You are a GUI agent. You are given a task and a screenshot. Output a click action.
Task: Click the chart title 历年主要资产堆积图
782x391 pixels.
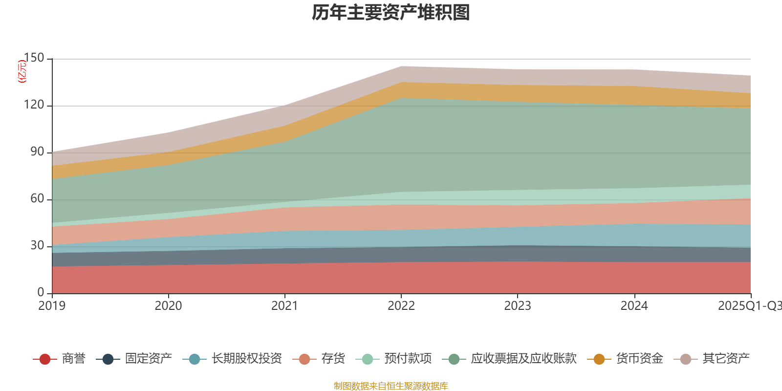click(x=391, y=13)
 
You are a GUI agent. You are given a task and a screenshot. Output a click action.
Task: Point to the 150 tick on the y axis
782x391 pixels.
click(x=34, y=58)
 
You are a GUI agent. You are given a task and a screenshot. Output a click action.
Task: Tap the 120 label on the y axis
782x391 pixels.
click(x=34, y=105)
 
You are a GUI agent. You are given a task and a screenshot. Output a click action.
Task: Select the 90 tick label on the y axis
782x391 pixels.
click(x=37, y=152)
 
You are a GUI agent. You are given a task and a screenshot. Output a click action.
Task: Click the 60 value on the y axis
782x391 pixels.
click(x=37, y=199)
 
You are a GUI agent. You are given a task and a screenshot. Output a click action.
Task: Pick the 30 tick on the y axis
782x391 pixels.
click(x=37, y=246)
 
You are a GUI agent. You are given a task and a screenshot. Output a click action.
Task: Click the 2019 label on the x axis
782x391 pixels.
click(x=52, y=306)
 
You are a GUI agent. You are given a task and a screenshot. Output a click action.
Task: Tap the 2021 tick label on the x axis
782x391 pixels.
click(x=284, y=306)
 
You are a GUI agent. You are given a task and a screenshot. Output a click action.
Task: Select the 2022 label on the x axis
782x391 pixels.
click(x=401, y=306)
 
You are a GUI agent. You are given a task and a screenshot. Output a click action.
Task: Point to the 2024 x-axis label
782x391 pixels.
click(x=634, y=306)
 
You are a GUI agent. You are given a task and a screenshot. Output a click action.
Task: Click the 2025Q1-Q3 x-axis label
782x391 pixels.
click(x=749, y=306)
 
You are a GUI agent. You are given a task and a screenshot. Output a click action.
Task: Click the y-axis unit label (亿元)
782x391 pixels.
click(x=22, y=71)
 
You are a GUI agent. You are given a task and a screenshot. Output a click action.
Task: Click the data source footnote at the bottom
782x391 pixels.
click(x=391, y=386)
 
